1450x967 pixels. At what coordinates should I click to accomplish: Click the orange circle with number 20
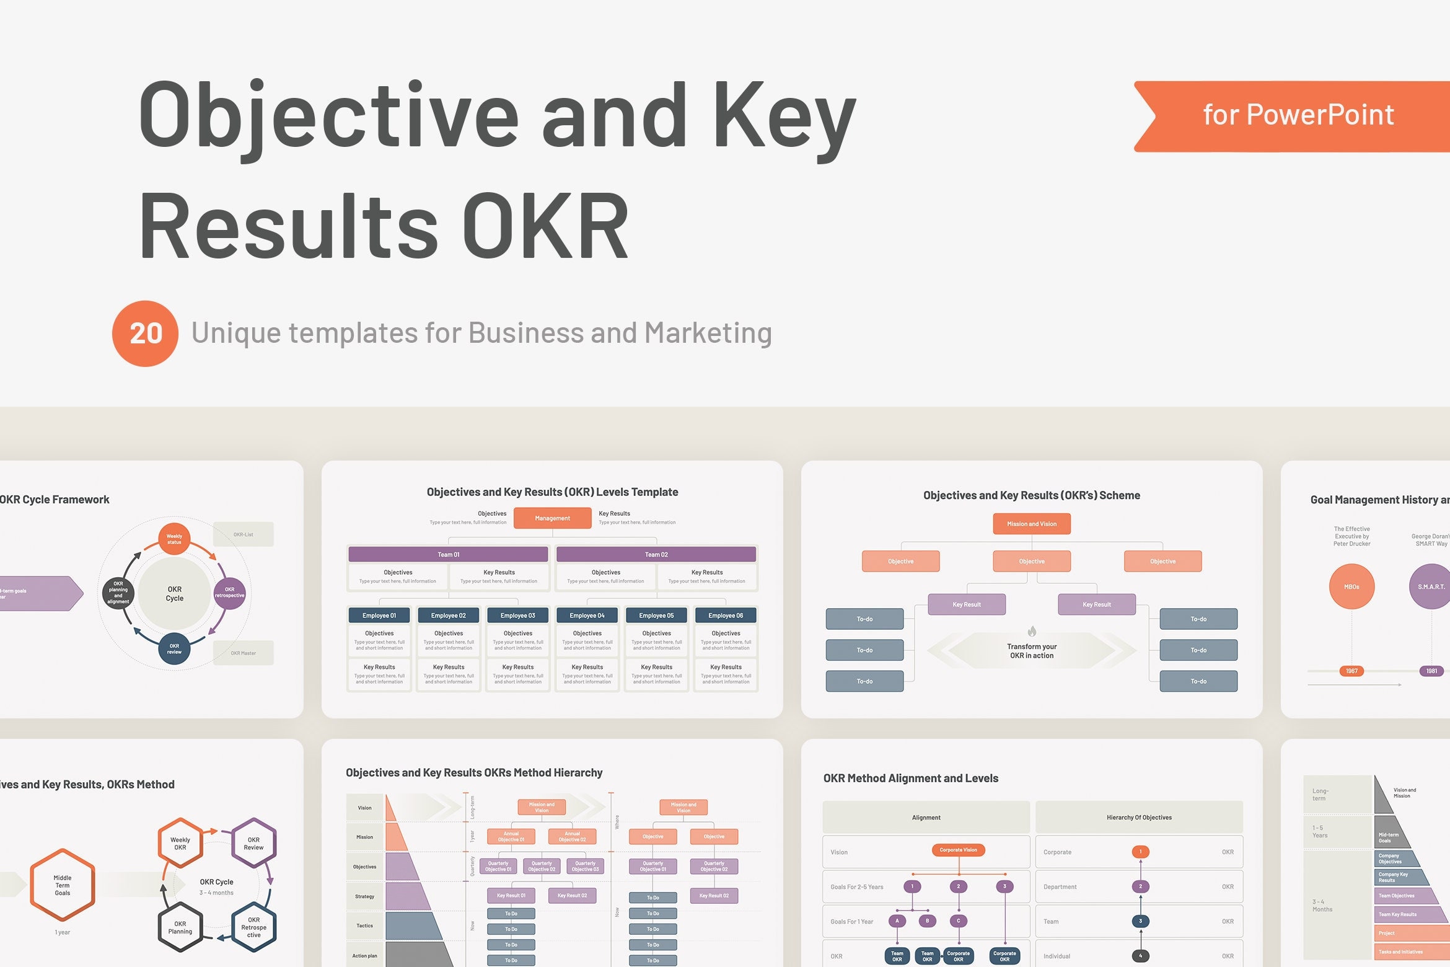click(145, 333)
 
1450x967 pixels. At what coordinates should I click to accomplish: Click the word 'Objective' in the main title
click(328, 116)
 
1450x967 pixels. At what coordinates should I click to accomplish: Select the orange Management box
click(552, 518)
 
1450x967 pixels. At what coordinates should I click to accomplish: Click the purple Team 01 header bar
click(448, 554)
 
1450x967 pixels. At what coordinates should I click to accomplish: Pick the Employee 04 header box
click(587, 616)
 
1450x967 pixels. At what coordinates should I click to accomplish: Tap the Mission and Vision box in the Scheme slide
click(1031, 524)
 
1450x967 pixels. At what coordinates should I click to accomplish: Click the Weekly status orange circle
click(174, 539)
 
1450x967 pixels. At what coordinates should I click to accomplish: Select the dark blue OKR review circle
click(174, 648)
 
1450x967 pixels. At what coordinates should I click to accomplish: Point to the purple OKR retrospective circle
click(229, 593)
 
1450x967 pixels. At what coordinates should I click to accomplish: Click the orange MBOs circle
click(1351, 586)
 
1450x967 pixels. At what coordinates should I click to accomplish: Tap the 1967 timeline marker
click(1351, 671)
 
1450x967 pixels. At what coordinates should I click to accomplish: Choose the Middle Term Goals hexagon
click(63, 885)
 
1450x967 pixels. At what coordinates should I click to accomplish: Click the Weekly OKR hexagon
click(180, 843)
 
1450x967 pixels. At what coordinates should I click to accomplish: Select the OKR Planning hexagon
click(180, 927)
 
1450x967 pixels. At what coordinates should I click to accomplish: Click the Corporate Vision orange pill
click(958, 850)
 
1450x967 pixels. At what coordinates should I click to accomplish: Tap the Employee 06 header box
click(726, 616)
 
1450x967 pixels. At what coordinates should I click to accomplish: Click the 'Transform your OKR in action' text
click(1031, 651)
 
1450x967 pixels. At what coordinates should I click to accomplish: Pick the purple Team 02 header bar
click(656, 554)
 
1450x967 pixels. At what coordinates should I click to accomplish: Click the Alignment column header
click(926, 818)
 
